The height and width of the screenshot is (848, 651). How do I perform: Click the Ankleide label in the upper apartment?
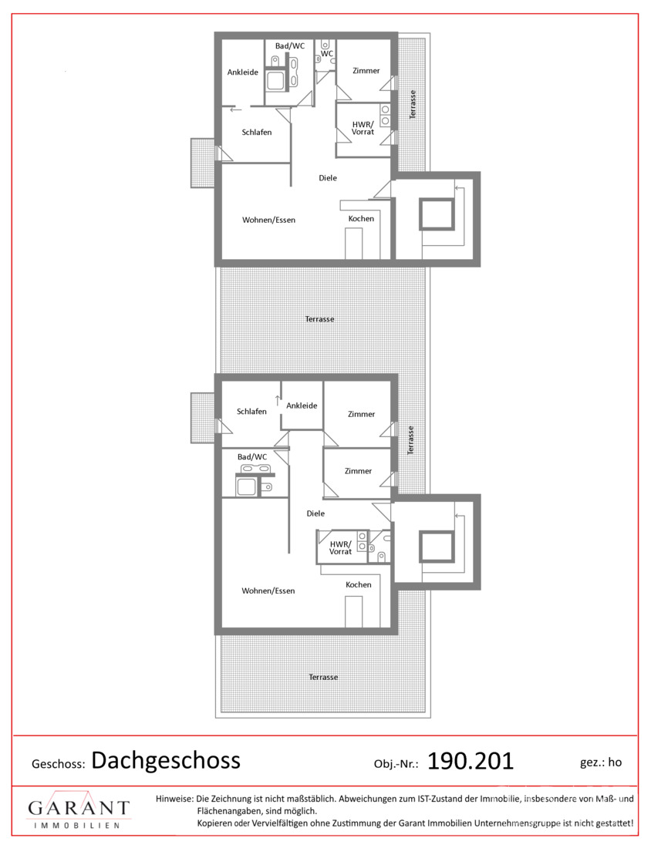point(242,72)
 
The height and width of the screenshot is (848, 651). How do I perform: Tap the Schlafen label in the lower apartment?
point(251,412)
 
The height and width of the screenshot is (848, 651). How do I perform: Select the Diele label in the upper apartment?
point(328,178)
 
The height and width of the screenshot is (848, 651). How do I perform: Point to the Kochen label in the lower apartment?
point(359,584)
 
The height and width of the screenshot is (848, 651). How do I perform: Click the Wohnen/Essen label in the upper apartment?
point(269,220)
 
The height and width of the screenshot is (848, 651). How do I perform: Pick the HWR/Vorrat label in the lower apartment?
point(340,548)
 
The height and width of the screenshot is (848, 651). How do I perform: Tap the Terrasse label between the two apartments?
point(320,319)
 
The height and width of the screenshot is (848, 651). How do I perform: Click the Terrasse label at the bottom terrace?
point(324,677)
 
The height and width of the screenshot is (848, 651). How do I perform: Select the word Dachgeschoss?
point(166,761)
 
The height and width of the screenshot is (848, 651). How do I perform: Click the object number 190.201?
point(471,761)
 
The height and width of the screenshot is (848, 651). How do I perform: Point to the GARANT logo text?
point(79,808)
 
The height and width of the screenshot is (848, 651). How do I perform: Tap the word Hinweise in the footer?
point(174,799)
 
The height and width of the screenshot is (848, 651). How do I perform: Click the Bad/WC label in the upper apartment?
point(290,46)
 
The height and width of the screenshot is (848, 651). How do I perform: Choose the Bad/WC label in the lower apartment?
point(252,457)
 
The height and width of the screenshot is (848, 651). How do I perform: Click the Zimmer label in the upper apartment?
point(366,71)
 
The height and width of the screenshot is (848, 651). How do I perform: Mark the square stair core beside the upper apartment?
point(436,215)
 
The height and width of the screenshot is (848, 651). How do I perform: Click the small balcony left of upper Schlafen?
point(202,163)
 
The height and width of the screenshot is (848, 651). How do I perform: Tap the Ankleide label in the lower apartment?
point(302,405)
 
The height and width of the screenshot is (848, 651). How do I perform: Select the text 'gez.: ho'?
point(601,762)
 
